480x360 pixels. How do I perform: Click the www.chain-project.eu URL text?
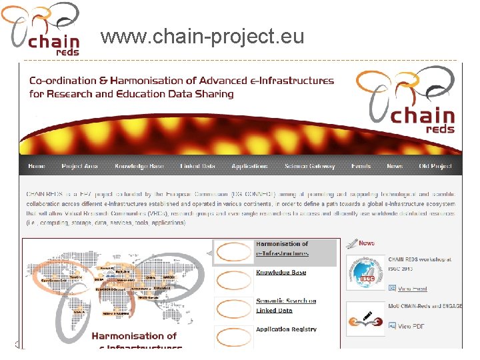coord(202,37)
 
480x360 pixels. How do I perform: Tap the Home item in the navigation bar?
coord(37,166)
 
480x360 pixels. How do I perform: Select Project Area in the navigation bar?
coord(79,166)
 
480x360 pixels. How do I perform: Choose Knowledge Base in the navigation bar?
coord(139,166)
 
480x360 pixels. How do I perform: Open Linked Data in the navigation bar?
coord(198,166)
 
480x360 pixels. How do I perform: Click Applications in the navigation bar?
coord(249,166)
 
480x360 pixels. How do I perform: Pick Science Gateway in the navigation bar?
coord(309,166)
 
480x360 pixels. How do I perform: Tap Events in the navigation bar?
coord(361,166)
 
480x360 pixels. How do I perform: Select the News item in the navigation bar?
coord(395,166)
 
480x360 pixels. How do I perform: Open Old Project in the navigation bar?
coord(435,166)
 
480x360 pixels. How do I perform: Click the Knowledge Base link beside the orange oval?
coord(281,273)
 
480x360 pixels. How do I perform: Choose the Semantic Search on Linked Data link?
coord(285,305)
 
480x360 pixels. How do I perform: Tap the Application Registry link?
coord(286,329)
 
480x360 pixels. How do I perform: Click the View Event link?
coord(412,289)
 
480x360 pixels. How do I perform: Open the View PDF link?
coord(411,326)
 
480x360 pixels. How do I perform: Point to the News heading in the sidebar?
coord(366,243)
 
